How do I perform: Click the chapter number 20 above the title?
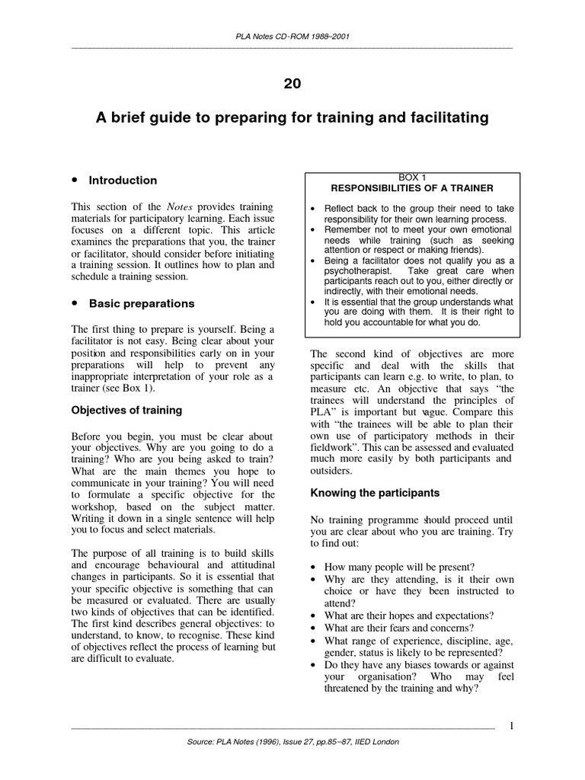[x=292, y=84]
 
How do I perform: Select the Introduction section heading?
[x=123, y=181]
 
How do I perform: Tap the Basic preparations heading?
[x=142, y=303]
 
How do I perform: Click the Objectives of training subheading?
[x=126, y=410]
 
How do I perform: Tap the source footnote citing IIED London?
[x=292, y=741]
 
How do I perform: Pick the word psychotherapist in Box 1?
[x=358, y=270]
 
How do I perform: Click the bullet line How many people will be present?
[x=400, y=567]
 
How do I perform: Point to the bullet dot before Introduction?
[x=75, y=181]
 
